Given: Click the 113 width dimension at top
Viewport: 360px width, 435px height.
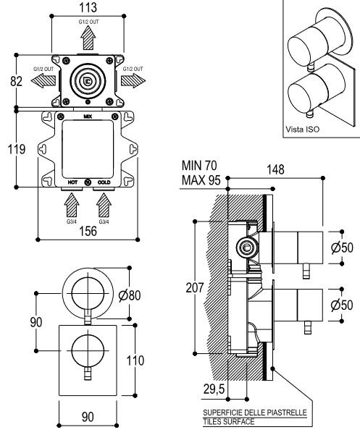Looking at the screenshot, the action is (x=88, y=7).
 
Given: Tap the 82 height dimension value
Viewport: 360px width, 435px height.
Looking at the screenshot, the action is (x=16, y=81).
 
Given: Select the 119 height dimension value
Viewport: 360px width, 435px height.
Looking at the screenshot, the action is (x=17, y=149).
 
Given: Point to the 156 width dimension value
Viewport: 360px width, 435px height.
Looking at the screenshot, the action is (x=88, y=231).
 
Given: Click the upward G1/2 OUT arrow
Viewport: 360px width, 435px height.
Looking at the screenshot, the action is (x=88, y=38).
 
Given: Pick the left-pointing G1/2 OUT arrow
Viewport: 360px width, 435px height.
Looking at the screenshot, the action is (x=43, y=80).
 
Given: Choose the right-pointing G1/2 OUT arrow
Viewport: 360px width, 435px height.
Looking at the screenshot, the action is (x=133, y=80).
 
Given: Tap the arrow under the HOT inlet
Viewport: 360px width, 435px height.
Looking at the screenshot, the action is (x=72, y=205).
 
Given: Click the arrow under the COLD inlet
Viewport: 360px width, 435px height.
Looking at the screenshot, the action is (x=104, y=205).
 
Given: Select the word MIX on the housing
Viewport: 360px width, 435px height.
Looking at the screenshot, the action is (x=88, y=117).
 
